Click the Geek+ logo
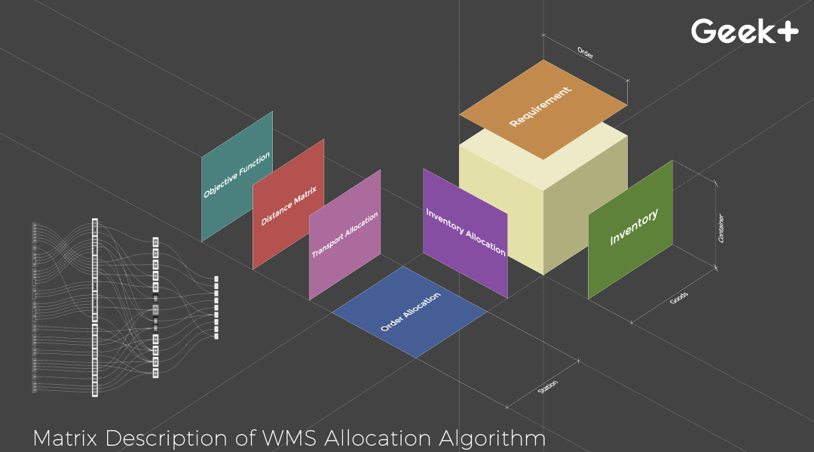(744, 30)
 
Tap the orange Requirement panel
(543, 109)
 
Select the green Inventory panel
(631, 229)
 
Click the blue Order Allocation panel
(411, 311)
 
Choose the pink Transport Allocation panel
(344, 235)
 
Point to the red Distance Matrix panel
(289, 204)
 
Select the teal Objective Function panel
(237, 176)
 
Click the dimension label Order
(585, 53)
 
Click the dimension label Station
(548, 387)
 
